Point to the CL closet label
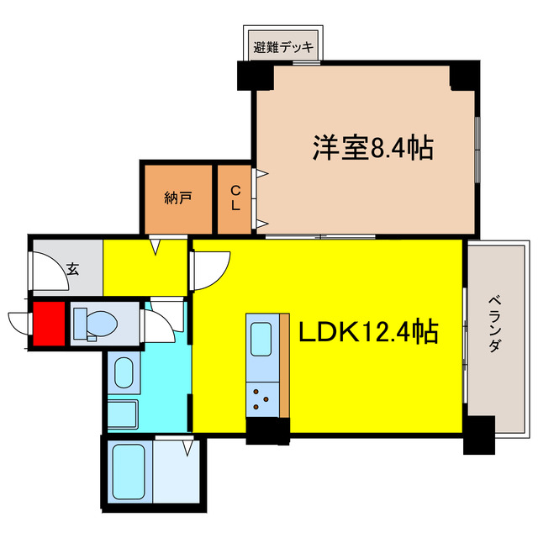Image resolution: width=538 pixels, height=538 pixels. [x=235, y=199]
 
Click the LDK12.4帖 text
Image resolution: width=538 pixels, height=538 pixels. [x=368, y=333]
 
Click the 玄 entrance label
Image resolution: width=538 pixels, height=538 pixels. [x=73, y=269]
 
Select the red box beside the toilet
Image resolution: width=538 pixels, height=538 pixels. [x=48, y=324]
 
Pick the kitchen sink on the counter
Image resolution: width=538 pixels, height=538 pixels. [x=261, y=340]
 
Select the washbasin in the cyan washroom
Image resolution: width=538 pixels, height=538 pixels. [x=123, y=372]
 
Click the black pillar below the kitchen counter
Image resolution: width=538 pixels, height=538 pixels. [x=267, y=430]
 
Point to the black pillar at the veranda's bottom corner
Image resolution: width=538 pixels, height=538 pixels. [x=479, y=435]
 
